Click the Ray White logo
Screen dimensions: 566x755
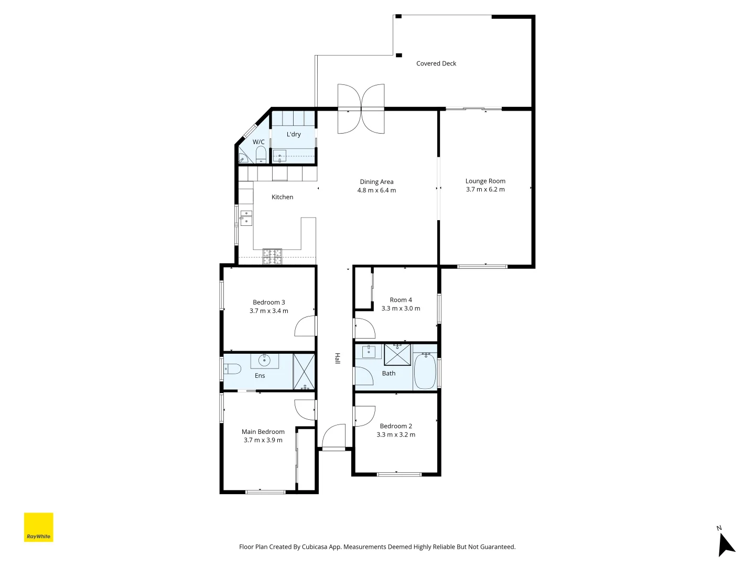[39, 527]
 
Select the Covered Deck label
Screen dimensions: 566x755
[436, 63]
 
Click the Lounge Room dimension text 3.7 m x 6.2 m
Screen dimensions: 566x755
[485, 190]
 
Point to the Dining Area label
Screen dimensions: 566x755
[376, 182]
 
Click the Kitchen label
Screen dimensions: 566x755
[282, 197]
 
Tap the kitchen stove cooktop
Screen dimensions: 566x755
[272, 256]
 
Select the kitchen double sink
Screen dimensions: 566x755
[246, 217]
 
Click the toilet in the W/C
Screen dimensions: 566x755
[260, 155]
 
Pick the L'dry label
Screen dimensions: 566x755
[294, 134]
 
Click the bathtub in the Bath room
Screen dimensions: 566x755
[425, 371]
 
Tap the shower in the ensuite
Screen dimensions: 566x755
[304, 372]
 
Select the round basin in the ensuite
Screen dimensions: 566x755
[264, 361]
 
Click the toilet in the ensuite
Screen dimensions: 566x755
[232, 369]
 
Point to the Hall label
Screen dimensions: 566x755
[338, 358]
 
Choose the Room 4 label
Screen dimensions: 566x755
[401, 300]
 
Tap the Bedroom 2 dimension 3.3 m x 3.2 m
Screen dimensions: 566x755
[396, 434]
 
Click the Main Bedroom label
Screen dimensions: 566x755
[263, 432]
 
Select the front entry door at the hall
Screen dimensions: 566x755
[333, 438]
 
